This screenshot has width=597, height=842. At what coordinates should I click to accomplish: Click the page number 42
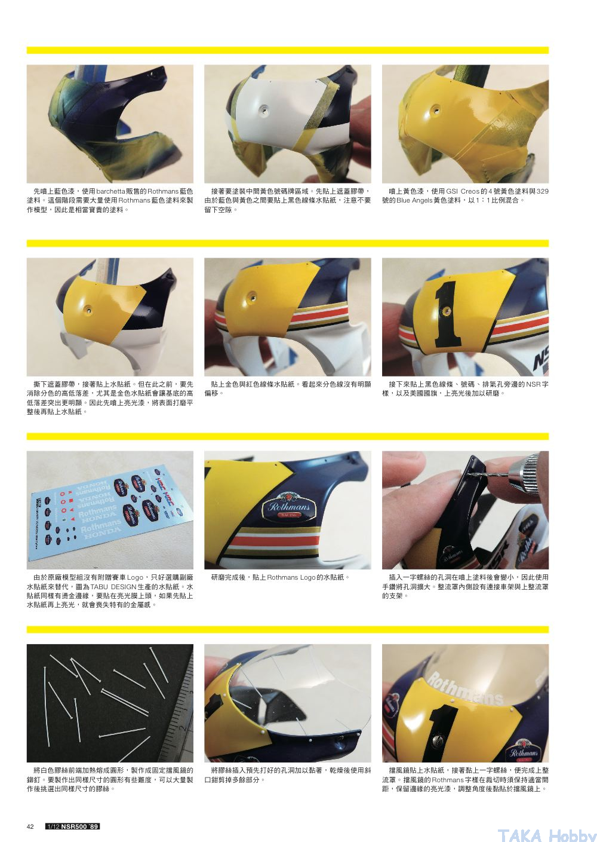pos(30,826)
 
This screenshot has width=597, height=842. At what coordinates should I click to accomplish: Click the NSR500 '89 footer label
pos(72,826)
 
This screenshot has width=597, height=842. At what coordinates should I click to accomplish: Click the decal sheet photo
pos(110,510)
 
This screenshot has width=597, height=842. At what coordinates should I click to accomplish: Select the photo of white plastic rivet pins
pos(110,703)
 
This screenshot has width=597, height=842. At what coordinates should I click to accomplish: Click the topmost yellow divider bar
pos(288,50)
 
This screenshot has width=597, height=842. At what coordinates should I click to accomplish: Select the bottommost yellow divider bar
pos(288,629)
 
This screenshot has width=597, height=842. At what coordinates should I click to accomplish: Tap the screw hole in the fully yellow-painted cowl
pos(436,109)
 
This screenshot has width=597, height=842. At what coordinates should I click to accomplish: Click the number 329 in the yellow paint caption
pos(543,191)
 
